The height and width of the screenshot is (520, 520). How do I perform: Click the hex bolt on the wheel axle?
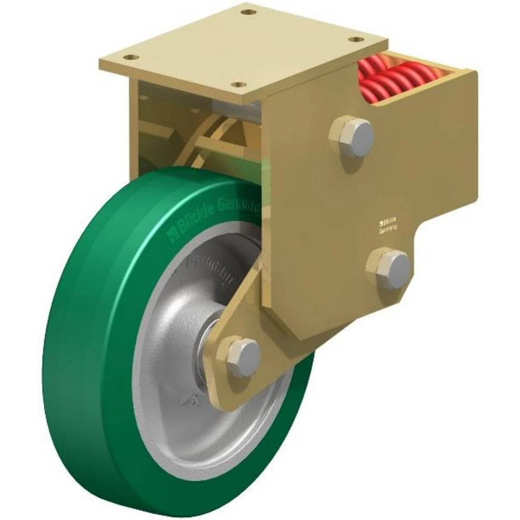243,357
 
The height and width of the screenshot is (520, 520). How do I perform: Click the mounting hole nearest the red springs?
355,40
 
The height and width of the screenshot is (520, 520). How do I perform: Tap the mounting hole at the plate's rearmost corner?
250,11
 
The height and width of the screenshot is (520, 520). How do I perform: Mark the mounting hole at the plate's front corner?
238,84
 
